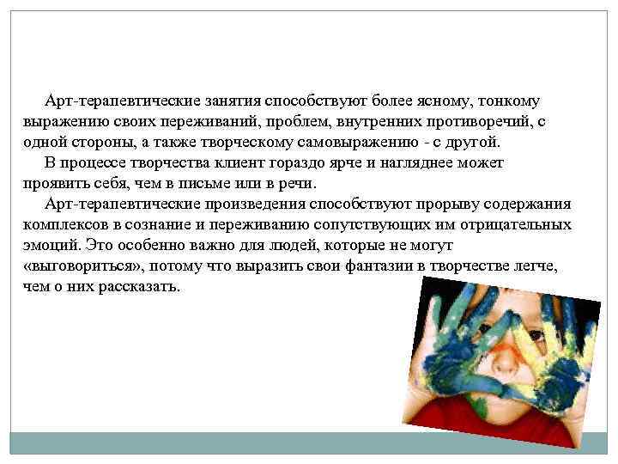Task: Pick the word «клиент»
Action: point(230,163)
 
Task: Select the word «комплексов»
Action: point(64,225)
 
